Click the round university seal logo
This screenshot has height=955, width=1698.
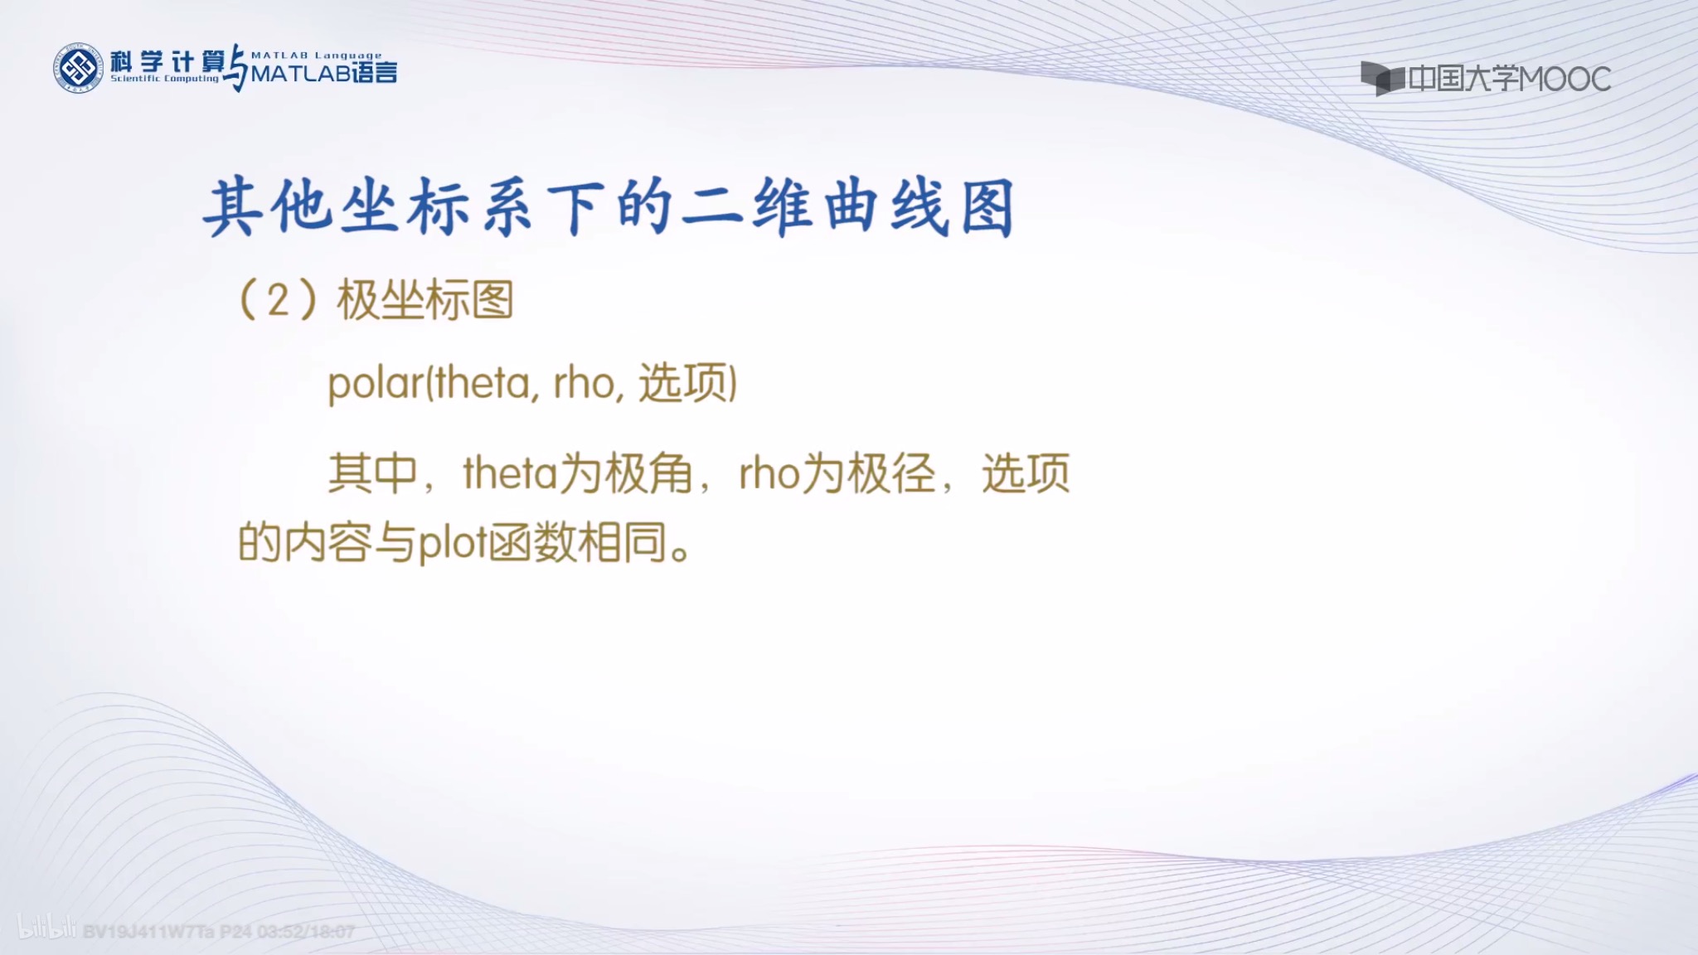pyautogui.click(x=78, y=68)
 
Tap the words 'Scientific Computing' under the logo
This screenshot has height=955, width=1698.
pyautogui.click(x=164, y=79)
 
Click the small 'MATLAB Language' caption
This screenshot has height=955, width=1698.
pyautogui.click(x=316, y=56)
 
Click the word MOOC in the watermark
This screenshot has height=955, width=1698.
pyautogui.click(x=1565, y=80)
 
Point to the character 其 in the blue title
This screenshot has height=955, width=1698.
pyautogui.click(x=233, y=208)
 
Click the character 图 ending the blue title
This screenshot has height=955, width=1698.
pyautogui.click(x=987, y=208)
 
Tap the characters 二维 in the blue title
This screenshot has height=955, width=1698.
pyautogui.click(x=746, y=208)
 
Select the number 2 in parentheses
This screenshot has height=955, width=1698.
pyautogui.click(x=278, y=300)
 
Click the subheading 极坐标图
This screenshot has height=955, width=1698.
pyautogui.click(x=424, y=300)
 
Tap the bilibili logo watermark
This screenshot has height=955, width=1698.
pyautogui.click(x=46, y=929)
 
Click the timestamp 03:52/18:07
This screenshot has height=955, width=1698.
pyautogui.click(x=306, y=932)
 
